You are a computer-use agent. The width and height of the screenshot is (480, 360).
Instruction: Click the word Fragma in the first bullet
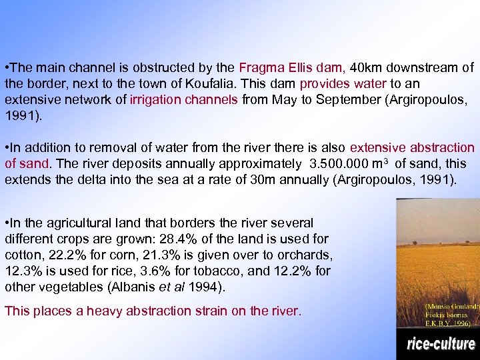pos(257,68)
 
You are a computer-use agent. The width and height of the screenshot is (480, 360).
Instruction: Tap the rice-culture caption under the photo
pos(441,345)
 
